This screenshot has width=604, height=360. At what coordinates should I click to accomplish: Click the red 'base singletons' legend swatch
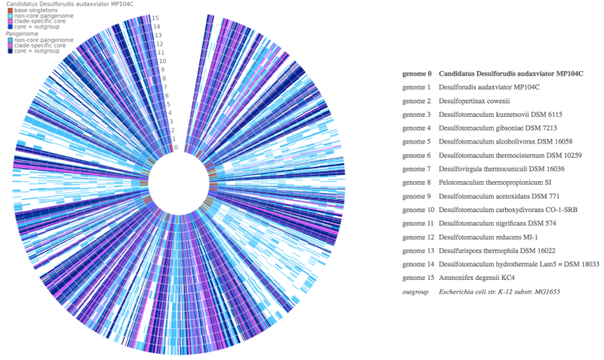9,10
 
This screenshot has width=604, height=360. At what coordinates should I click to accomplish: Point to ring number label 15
155,17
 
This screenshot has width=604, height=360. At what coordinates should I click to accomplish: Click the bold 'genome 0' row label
417,74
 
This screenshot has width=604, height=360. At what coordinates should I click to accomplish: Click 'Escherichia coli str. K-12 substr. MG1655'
501,291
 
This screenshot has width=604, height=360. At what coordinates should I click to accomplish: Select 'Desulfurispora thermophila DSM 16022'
500,251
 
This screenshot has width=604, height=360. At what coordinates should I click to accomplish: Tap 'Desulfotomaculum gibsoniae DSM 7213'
501,128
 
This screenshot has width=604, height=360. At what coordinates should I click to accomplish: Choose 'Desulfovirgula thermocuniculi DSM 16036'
505,169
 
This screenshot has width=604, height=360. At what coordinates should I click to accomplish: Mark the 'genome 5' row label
417,142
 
